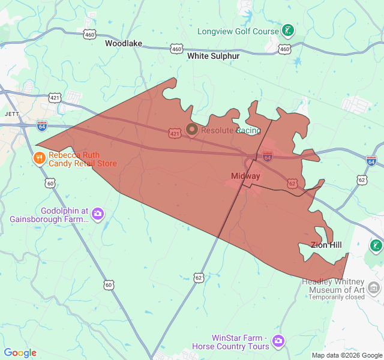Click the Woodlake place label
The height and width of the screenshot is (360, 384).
[x=124, y=43]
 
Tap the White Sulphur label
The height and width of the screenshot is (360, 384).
[x=213, y=56]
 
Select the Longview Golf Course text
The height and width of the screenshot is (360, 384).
[x=238, y=31]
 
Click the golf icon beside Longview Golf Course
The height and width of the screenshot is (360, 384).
[x=289, y=30]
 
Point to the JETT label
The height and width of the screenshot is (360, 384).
[x=12, y=113]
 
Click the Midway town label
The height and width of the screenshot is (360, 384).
[x=245, y=176]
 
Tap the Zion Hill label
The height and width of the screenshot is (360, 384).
[x=326, y=245]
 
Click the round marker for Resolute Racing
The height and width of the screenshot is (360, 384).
[x=192, y=130]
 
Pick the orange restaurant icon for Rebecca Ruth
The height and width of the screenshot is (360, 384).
[x=39, y=158]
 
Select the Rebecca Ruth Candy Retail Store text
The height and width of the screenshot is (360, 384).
[x=83, y=159]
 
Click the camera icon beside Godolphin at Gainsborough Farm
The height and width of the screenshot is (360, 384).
[x=98, y=214]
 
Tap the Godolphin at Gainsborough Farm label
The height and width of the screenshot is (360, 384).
[x=49, y=215]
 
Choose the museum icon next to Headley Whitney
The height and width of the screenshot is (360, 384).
[x=374, y=289]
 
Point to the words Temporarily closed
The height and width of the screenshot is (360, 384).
[x=337, y=296]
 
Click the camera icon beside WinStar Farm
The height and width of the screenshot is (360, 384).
[x=278, y=341]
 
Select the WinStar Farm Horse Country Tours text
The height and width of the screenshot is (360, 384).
[x=231, y=342]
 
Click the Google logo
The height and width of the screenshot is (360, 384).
[x=20, y=353]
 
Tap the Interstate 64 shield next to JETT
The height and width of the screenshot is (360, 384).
[x=41, y=126]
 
